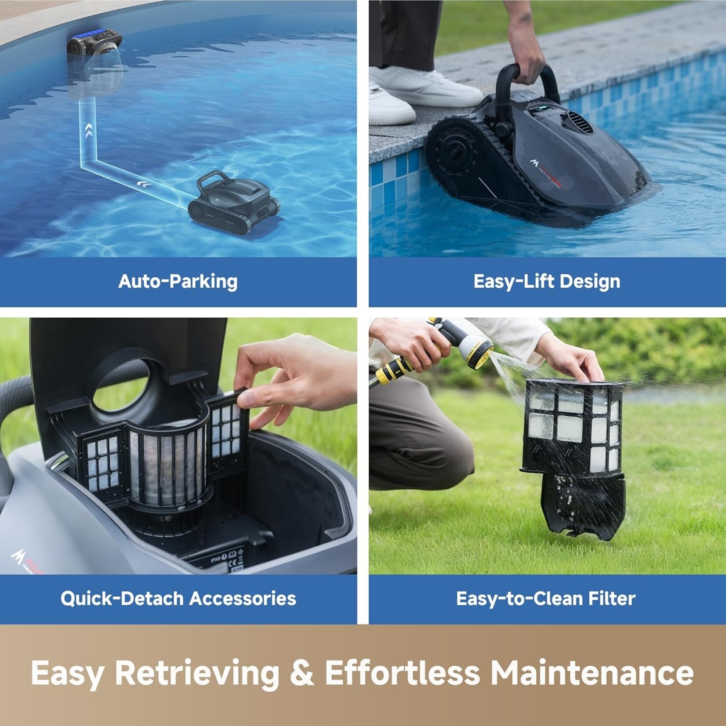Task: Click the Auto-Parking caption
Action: click(178, 281)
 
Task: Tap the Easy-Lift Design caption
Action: click(547, 281)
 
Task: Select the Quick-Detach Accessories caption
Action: click(178, 599)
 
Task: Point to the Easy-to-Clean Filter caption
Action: click(546, 599)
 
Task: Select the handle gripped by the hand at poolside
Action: click(527, 81)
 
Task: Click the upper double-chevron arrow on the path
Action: click(88, 130)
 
